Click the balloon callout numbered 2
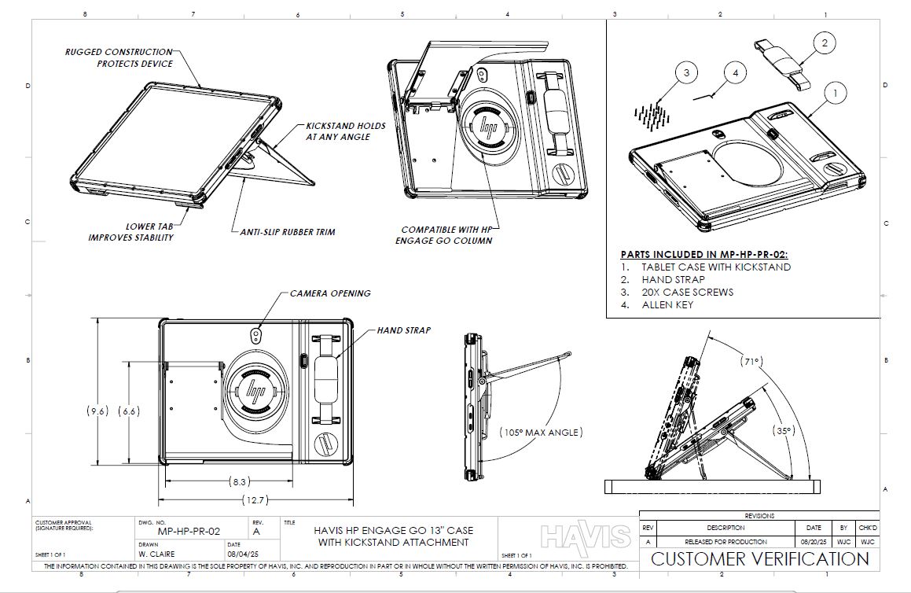tap(824, 44)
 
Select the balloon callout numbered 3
tap(686, 73)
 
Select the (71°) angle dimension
tap(751, 361)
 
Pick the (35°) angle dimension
tap(782, 430)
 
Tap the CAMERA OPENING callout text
tap(330, 293)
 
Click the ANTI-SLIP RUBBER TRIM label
tap(287, 232)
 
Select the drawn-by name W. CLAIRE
tap(156, 553)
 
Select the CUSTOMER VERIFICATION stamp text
tap(759, 559)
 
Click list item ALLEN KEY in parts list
tap(667, 304)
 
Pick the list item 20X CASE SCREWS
tap(687, 292)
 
